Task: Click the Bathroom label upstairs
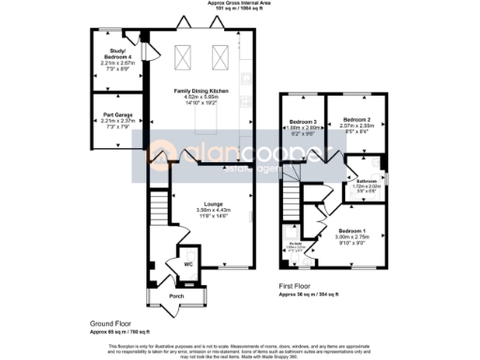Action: point(366,181)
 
